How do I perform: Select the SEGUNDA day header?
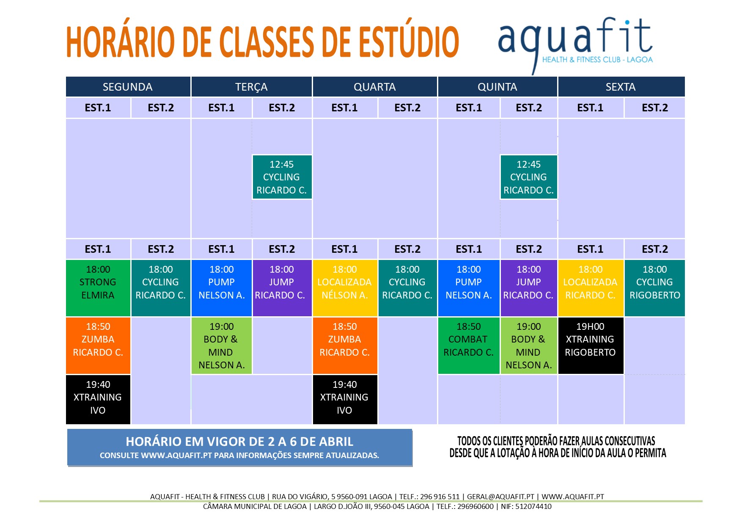128,87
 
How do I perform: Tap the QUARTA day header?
375,87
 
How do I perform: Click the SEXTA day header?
621,87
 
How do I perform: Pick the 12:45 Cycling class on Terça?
282,177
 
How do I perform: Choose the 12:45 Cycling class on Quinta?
529,177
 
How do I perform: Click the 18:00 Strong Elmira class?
98,288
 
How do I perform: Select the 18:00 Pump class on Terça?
222,288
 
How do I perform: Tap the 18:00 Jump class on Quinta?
529,288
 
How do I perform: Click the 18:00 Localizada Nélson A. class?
345,288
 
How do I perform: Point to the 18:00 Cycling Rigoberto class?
655,288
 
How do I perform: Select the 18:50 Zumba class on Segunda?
98,345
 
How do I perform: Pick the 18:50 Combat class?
469,345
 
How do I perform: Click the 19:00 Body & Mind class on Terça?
222,345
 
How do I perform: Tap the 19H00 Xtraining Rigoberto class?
591,345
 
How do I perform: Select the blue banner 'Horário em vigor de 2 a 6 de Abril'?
239,448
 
